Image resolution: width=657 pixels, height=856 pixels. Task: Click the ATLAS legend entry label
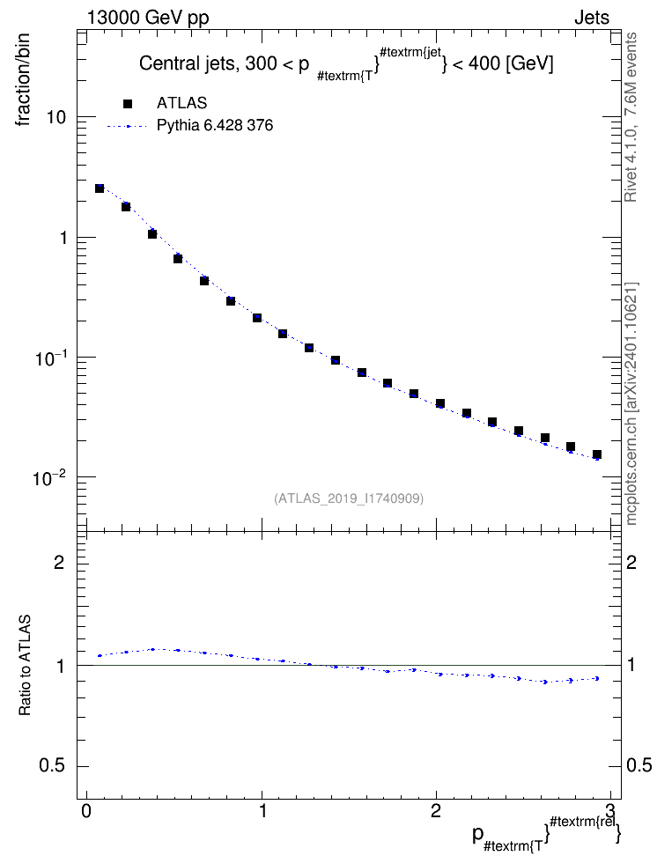point(181,103)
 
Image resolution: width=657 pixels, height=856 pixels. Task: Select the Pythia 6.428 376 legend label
point(215,126)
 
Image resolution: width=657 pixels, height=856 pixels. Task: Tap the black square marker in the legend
point(128,103)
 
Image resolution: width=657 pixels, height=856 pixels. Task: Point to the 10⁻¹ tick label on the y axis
point(51,358)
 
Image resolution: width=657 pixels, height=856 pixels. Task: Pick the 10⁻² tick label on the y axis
point(51,478)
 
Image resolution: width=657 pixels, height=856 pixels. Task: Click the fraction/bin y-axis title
point(23,80)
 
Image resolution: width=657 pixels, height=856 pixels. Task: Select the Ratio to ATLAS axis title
point(24,666)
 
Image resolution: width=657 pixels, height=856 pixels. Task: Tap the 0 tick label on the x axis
point(86,810)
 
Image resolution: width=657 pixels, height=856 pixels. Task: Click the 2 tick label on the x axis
point(436,810)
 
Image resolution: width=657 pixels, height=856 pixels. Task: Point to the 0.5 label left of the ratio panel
point(52,766)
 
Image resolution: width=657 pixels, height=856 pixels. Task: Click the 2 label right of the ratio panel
point(631,562)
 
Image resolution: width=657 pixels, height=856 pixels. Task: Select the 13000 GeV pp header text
point(148,18)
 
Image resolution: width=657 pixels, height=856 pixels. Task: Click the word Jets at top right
point(592,18)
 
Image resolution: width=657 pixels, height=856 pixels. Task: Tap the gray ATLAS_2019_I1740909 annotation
point(349,498)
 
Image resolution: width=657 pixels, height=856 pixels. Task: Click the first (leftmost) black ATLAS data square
point(100,188)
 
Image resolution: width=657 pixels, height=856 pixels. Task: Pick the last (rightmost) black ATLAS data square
point(597,454)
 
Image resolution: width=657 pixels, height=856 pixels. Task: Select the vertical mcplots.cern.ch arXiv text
point(631,404)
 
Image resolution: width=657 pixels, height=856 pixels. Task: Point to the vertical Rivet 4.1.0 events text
point(631,117)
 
